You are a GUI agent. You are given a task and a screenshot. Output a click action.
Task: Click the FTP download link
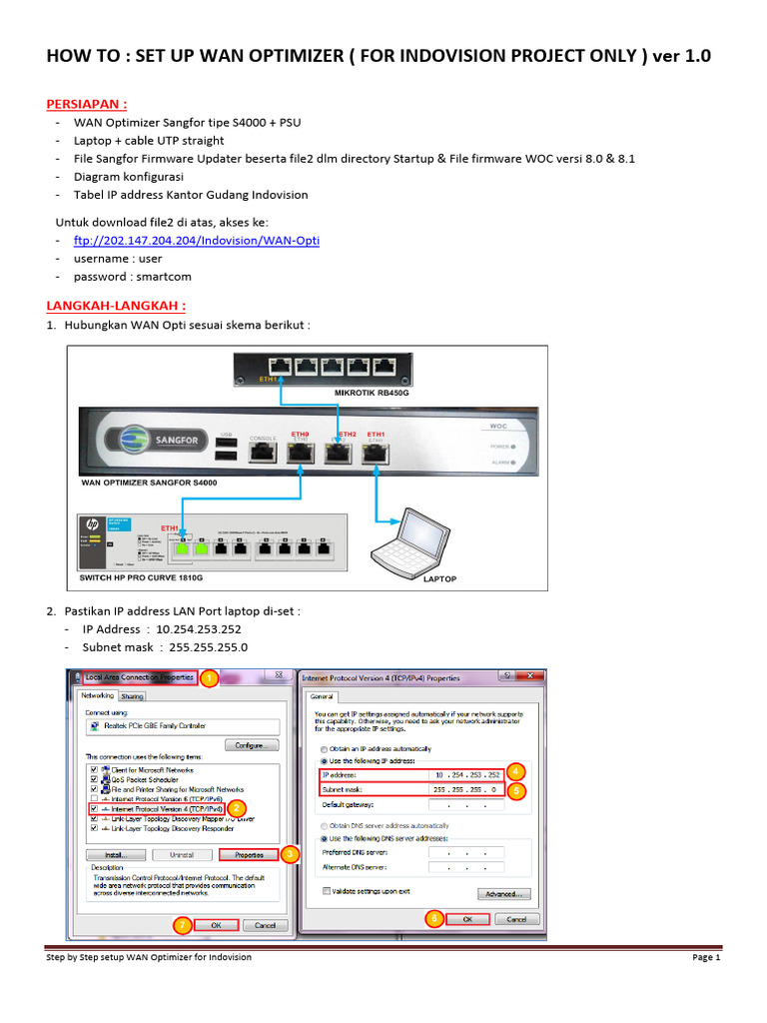196,241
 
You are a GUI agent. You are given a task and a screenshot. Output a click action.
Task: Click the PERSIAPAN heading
88,104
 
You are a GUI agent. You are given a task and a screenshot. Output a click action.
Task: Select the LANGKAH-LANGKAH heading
118,305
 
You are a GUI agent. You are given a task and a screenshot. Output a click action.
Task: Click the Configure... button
250,745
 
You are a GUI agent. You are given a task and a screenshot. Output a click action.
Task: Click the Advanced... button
504,893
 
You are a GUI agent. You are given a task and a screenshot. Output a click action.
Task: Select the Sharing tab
133,695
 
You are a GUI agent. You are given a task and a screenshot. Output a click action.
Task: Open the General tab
324,696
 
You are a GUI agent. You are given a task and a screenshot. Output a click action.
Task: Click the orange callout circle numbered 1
208,679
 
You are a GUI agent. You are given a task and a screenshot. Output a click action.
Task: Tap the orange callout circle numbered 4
515,771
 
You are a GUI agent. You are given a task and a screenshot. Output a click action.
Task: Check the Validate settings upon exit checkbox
327,890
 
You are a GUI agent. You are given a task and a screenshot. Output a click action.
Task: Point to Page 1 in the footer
705,957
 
